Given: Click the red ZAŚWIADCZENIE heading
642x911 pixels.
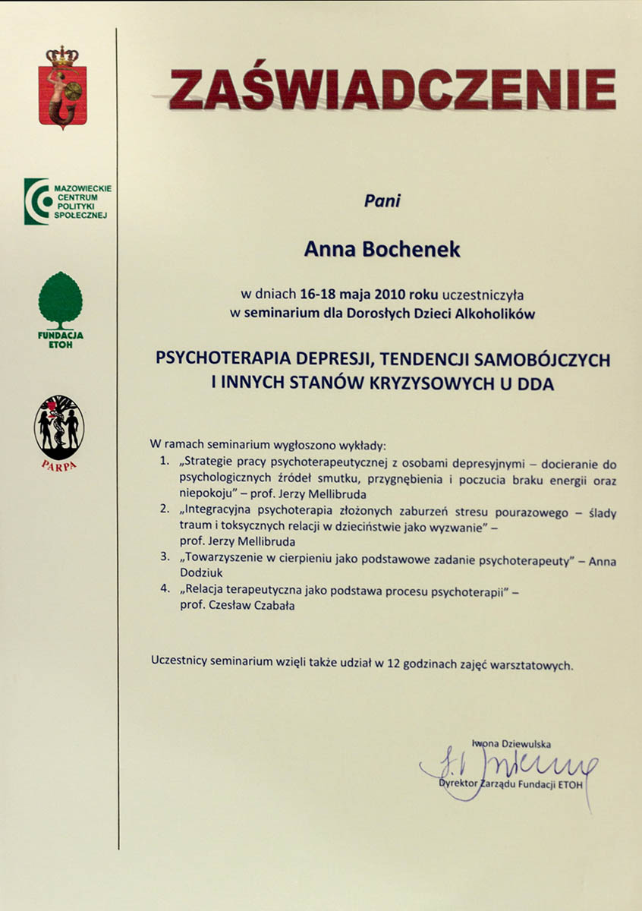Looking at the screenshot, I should [392, 90].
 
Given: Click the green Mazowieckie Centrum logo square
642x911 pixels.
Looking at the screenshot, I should [36, 202].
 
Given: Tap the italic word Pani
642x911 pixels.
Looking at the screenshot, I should [382, 202].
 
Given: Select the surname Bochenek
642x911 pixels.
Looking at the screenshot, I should [421, 250].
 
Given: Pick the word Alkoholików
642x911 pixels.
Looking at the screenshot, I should [498, 313].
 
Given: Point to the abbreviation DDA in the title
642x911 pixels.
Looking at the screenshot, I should [537, 384].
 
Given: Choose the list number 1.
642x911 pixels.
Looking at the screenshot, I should [165, 461].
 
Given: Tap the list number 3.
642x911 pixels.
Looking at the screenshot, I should [165, 561].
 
